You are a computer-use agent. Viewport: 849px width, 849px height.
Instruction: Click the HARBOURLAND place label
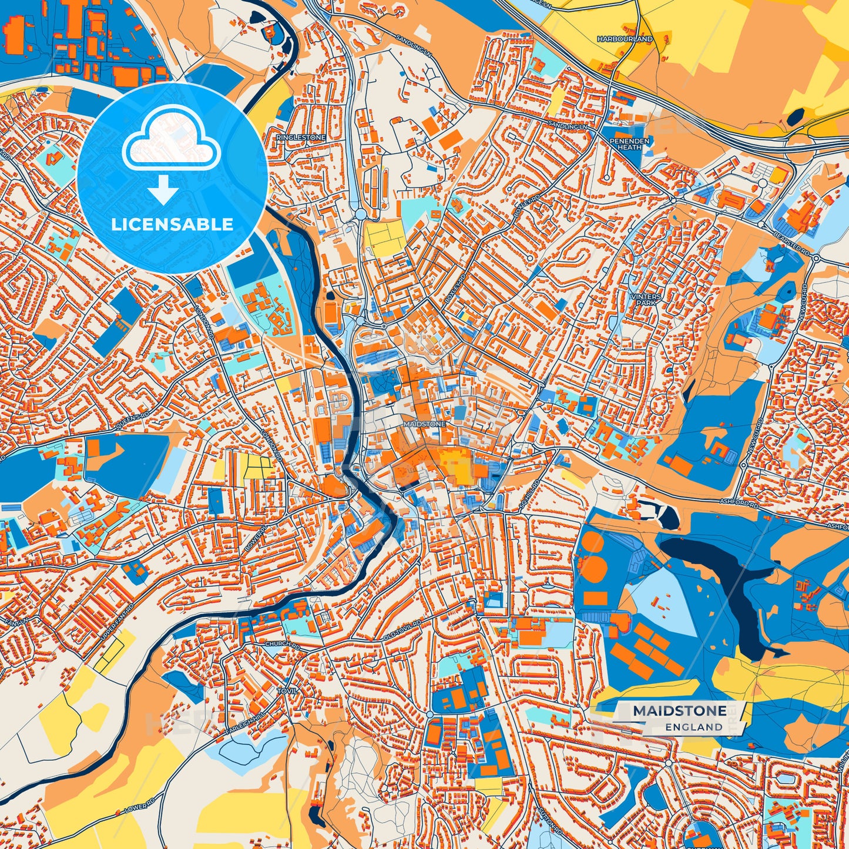coord(625,39)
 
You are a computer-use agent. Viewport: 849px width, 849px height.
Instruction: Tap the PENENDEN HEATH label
coord(629,144)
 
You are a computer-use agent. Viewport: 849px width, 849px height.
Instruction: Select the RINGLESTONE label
coord(301,137)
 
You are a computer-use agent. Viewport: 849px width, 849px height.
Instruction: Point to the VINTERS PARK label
coord(645,300)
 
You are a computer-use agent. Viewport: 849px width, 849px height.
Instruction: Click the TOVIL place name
coord(288,691)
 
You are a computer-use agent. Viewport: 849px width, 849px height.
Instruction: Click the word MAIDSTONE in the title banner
coord(679,711)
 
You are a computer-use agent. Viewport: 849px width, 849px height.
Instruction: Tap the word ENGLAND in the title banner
coord(694,727)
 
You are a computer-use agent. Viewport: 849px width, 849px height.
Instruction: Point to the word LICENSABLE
coord(172,224)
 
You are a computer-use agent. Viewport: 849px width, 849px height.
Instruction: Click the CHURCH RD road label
coord(283,645)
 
